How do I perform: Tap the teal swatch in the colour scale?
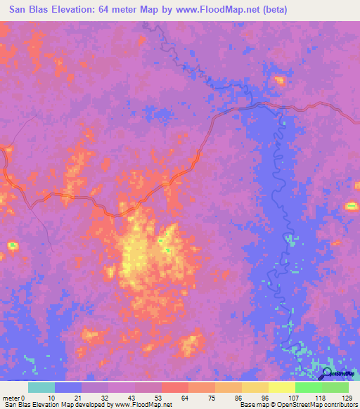pos(41,387)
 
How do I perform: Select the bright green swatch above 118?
pos(308,387)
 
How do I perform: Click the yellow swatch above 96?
pos(255,387)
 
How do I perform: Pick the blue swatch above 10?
pos(67,387)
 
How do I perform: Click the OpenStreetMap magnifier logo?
pos(328,373)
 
